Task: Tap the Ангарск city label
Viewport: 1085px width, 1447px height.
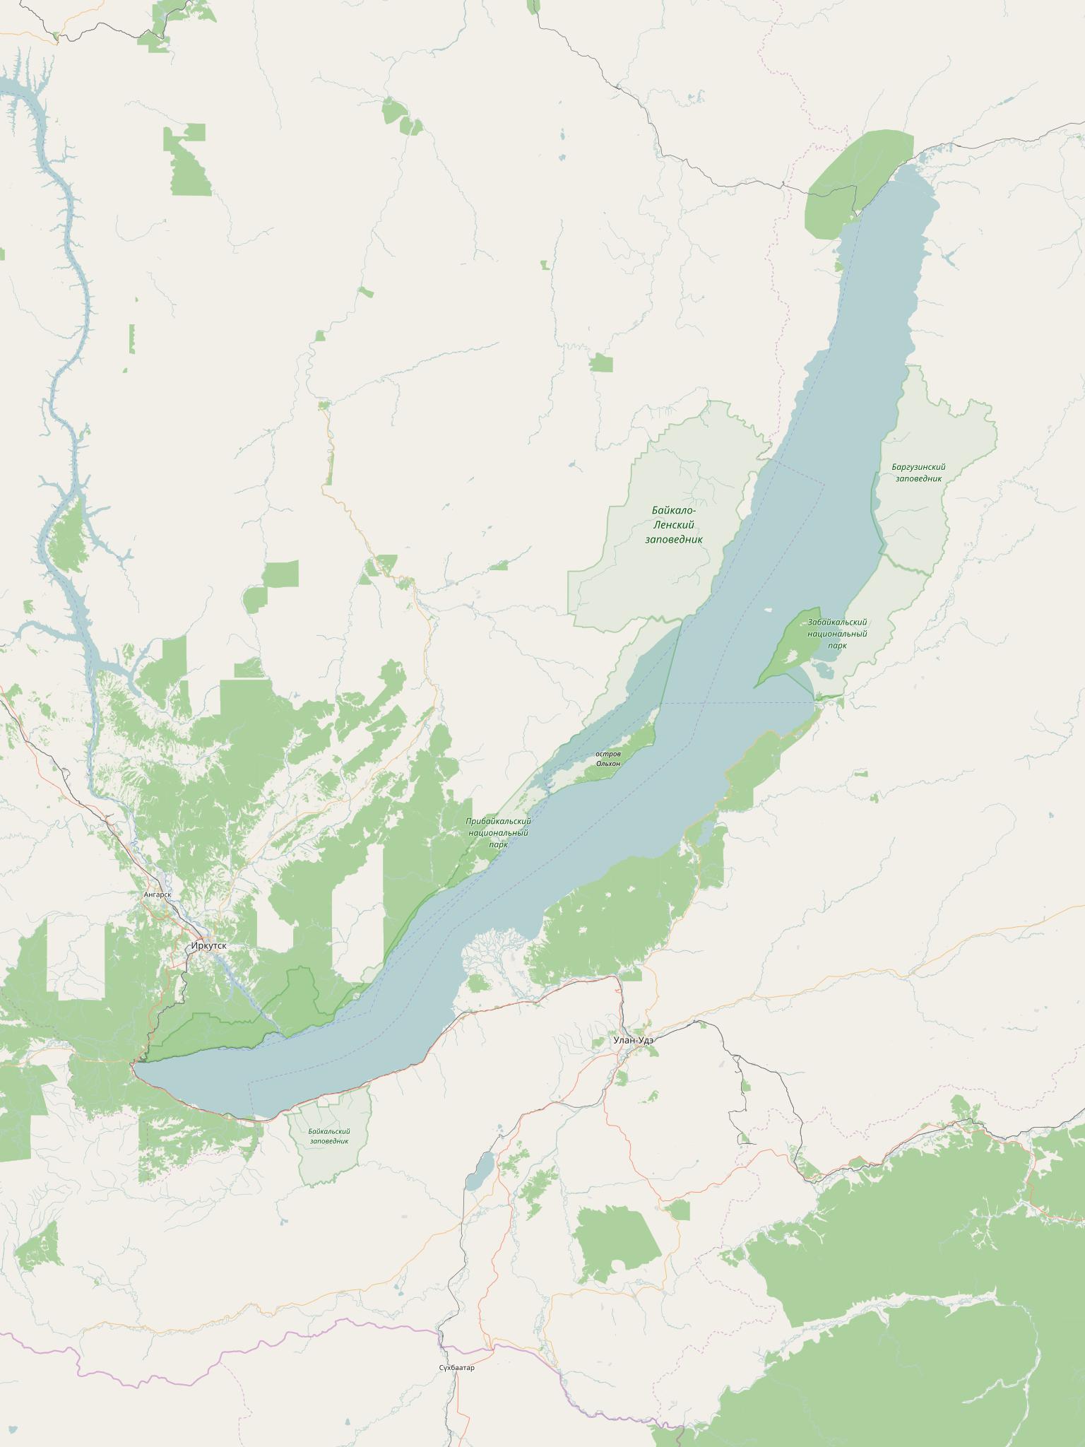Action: coord(157,894)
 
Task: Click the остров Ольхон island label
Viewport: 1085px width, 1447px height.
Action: coord(608,759)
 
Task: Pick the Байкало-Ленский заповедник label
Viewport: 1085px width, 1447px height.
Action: coord(675,525)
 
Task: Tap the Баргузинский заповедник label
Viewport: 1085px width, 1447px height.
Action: coord(918,473)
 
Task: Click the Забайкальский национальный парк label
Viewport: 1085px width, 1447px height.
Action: coord(837,633)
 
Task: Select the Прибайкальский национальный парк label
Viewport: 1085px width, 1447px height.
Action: coord(498,832)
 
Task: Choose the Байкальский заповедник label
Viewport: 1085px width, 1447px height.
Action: coord(329,1136)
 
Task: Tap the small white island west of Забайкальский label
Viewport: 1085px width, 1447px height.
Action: coord(769,610)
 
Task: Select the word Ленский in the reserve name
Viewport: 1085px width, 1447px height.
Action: coord(675,525)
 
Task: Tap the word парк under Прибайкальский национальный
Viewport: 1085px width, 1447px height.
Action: coord(498,844)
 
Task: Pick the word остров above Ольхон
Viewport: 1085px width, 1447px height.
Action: coord(608,754)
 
